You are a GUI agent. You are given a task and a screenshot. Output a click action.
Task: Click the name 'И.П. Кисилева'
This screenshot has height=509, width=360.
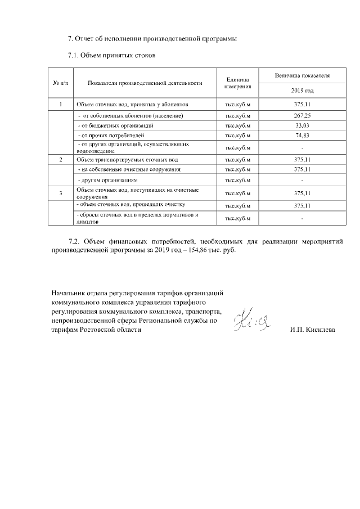(x=312, y=330)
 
